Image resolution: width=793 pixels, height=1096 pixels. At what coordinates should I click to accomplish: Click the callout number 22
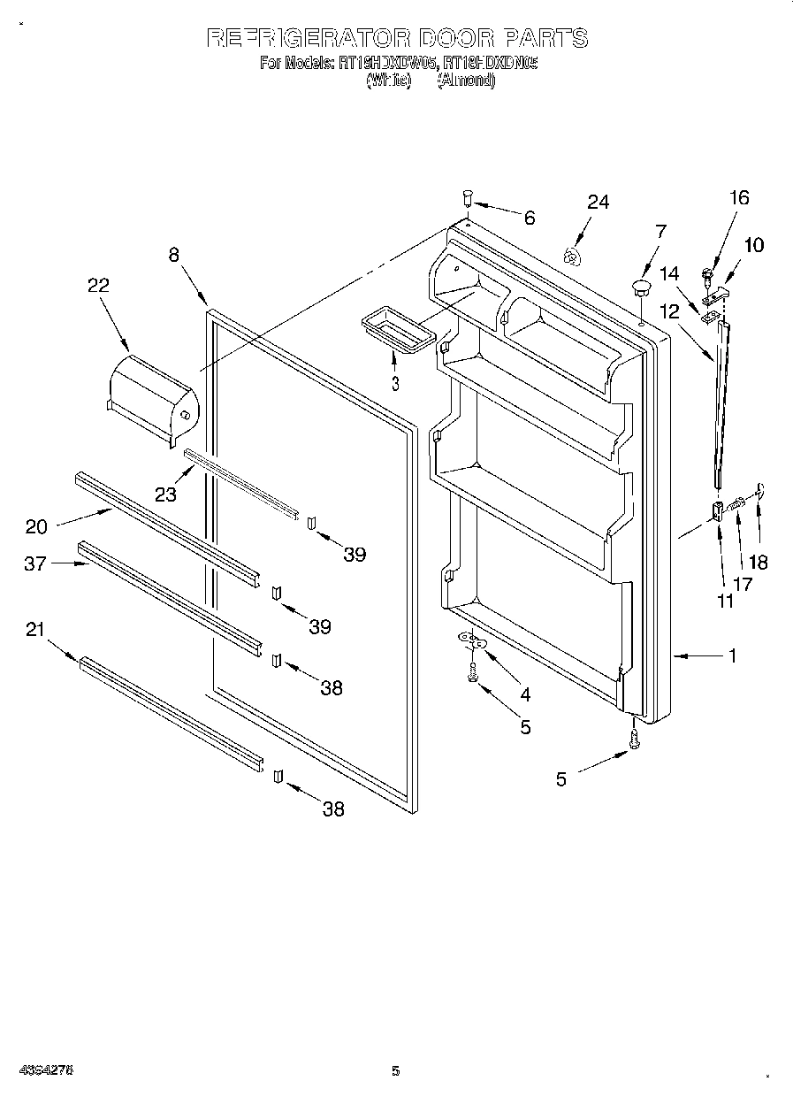pos(98,285)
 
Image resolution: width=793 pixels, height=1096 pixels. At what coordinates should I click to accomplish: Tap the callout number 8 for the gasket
pos(174,255)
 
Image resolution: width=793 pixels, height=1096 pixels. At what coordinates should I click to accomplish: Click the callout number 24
pos(599,203)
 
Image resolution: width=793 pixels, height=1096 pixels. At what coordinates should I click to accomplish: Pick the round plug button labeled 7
pos(640,287)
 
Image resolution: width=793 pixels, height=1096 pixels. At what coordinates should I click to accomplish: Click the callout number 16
pos(739,198)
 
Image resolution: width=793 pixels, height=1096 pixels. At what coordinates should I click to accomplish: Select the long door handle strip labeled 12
pos(723,402)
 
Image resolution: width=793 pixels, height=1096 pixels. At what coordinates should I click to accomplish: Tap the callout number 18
pos(758,561)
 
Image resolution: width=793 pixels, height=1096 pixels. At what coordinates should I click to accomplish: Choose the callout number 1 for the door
pos(733,656)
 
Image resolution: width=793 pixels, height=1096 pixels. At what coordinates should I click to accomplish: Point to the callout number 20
pos(36,526)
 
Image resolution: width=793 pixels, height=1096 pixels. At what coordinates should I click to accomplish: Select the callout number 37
pos(35,563)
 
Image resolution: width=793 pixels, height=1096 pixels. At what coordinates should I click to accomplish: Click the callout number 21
pos(35,629)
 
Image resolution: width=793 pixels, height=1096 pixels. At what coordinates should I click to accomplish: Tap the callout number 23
pos(166,494)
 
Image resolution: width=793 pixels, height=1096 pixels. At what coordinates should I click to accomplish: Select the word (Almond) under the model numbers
pos(465,80)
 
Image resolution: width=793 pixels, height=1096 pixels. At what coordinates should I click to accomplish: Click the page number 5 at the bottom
pos(396,1071)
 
